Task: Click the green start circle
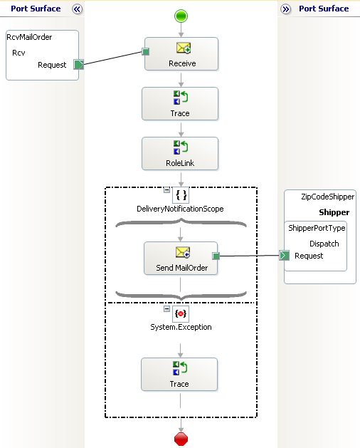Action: [x=181, y=16]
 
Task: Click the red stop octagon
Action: [x=181, y=439]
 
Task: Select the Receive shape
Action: [x=181, y=53]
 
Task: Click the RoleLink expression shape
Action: [x=180, y=154]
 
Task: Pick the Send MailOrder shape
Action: [x=181, y=259]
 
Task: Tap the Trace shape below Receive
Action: [x=180, y=104]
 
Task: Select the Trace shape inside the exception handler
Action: [x=179, y=375]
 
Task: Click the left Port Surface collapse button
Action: [x=77, y=9]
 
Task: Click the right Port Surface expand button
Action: [x=285, y=9]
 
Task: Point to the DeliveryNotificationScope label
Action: [x=180, y=209]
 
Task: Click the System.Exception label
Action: [x=181, y=327]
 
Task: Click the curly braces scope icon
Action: [x=181, y=195]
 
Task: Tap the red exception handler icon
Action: [x=181, y=313]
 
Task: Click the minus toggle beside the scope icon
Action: [x=166, y=190]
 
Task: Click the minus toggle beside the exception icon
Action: [x=166, y=308]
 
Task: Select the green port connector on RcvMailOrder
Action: [x=78, y=65]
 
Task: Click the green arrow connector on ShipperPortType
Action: [x=285, y=255]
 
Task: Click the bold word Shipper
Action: [x=334, y=212]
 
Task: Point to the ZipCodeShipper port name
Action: [x=328, y=197]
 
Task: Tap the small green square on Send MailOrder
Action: [x=216, y=256]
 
